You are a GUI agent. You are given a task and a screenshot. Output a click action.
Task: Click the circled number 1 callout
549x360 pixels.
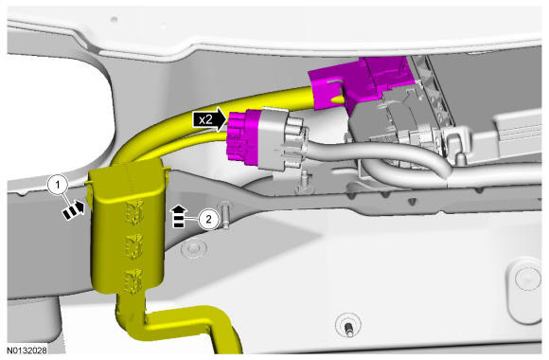point(58,185)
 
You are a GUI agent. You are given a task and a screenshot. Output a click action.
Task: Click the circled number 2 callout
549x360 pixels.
point(208,220)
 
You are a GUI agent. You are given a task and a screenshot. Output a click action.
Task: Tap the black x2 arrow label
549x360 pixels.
point(210,119)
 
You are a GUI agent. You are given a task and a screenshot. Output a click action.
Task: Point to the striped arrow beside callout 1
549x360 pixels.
point(74,209)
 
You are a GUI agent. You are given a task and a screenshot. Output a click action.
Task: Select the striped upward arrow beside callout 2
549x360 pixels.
point(179,217)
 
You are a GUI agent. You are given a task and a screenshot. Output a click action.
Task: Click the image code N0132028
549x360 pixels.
point(27,350)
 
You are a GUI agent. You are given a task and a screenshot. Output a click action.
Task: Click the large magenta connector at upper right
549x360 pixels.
point(361,84)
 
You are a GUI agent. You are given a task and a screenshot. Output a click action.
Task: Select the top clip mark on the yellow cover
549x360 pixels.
point(134,211)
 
